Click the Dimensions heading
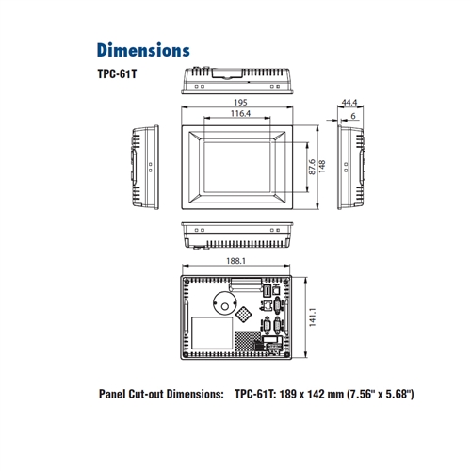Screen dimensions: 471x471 click(143, 50)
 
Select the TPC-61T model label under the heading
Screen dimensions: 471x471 click(117, 74)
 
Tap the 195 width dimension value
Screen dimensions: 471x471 click(240, 103)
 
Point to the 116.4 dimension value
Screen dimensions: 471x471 click(240, 113)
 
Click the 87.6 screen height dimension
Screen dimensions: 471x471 click(312, 167)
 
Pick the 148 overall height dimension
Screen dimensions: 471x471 click(322, 167)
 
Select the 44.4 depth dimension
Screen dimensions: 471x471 click(349, 103)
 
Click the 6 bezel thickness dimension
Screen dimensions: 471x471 click(353, 116)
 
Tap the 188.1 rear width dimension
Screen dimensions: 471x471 click(236, 261)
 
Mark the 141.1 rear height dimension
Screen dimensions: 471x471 click(313, 317)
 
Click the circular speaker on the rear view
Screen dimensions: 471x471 click(225, 304)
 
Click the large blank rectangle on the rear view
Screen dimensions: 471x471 click(212, 333)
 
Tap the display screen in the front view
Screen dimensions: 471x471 click(237, 167)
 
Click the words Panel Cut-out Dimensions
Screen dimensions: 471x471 click(161, 394)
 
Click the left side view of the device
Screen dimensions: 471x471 click(145, 167)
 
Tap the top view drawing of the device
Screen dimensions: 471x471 click(237, 80)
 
